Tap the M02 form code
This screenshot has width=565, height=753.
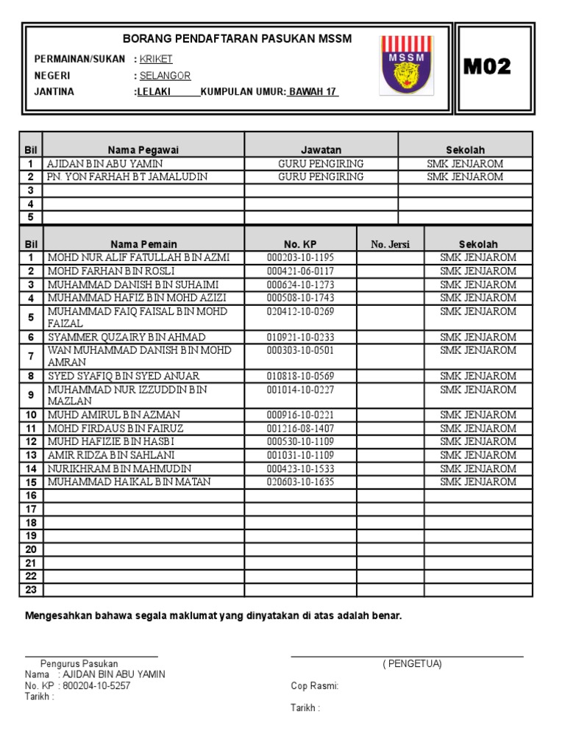[x=487, y=68]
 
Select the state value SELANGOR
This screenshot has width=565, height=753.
[x=165, y=76]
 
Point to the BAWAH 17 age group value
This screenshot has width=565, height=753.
[x=313, y=92]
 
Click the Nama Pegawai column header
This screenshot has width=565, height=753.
[x=143, y=150]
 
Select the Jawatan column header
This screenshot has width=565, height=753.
[x=321, y=150]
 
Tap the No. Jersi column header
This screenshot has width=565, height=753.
[x=391, y=244]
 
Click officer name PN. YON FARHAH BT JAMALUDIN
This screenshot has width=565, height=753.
[x=127, y=177]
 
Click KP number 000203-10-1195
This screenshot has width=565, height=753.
[x=300, y=257]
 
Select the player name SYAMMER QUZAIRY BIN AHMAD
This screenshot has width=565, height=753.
[x=127, y=337]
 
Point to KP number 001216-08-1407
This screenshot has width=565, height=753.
[x=300, y=428]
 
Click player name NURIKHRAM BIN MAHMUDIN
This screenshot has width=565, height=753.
[x=119, y=468]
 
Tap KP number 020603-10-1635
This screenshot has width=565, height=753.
[x=300, y=482]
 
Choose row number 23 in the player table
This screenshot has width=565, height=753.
[x=32, y=590]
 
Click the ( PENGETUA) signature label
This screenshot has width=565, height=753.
[x=412, y=664]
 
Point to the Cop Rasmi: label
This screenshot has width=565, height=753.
[x=315, y=685]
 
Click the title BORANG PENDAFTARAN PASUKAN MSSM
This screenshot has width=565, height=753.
[x=237, y=38]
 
